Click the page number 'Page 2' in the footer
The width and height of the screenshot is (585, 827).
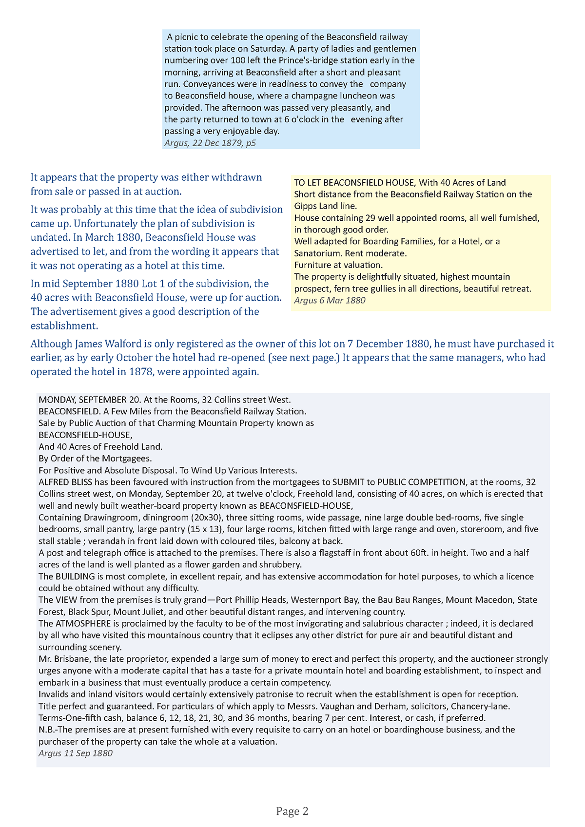coord(292,811)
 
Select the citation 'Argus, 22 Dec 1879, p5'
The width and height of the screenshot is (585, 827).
coord(210,143)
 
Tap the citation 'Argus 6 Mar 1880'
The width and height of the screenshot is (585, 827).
coord(330,300)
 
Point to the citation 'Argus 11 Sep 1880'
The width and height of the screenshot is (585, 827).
coord(76,753)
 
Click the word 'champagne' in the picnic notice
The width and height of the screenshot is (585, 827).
coord(313,96)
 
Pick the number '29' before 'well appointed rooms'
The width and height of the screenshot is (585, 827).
coord(370,218)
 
